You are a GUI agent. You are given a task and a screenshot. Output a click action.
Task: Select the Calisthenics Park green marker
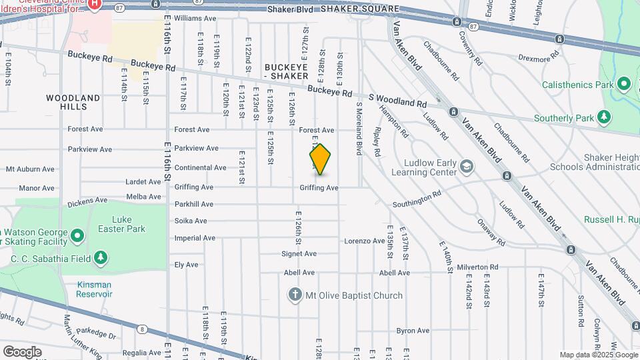pos(623,85)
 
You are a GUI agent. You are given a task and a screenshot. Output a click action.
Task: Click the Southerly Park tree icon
pos(603,118)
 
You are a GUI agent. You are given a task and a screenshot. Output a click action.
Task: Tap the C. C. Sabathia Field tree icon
pos(100,257)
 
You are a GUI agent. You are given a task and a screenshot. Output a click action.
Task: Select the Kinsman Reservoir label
pos(93,289)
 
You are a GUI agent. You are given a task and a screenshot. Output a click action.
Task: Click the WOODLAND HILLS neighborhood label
pos(73,102)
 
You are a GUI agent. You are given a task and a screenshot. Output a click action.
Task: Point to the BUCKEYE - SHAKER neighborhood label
pos(286,72)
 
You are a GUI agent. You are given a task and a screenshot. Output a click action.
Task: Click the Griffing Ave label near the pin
pos(319,188)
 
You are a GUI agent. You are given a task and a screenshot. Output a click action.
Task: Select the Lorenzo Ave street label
pos(363,241)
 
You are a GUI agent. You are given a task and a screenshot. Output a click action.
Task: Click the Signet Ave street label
pos(299,253)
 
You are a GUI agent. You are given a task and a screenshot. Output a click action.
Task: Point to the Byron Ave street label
pos(413,331)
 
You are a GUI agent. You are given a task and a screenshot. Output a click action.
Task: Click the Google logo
pos(22,351)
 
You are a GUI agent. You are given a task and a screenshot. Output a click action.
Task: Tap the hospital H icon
pos(95,4)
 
